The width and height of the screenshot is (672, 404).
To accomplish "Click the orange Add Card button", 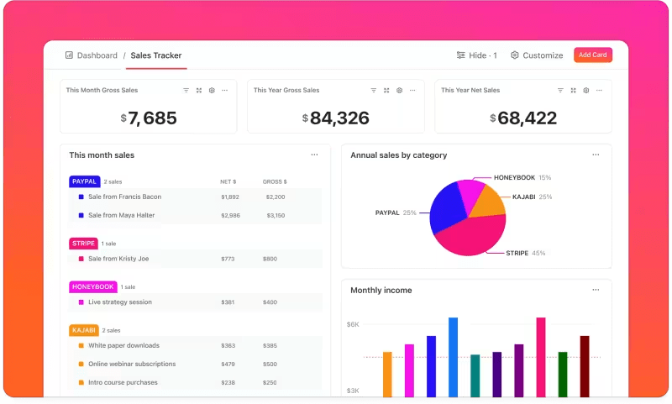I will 593,55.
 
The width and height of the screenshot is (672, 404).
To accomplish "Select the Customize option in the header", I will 537,55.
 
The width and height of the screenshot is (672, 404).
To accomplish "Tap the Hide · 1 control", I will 476,55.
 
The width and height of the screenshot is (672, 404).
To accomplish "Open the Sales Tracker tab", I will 155,55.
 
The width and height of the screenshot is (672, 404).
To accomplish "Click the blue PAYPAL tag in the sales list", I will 84,181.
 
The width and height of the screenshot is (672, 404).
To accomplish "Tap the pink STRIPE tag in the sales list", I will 83,244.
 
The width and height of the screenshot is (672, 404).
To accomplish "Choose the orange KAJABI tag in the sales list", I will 84,330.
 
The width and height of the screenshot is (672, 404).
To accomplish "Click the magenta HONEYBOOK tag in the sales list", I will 92,286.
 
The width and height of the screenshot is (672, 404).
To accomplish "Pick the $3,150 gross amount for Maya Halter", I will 275,215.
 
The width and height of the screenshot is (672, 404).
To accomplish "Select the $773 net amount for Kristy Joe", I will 228,259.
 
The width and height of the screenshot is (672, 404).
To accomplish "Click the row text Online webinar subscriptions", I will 132,364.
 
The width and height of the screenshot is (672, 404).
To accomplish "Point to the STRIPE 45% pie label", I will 525,253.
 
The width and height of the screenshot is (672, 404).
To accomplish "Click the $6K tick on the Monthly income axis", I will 353,324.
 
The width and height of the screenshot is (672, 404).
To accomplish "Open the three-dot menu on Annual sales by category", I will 596,155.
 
